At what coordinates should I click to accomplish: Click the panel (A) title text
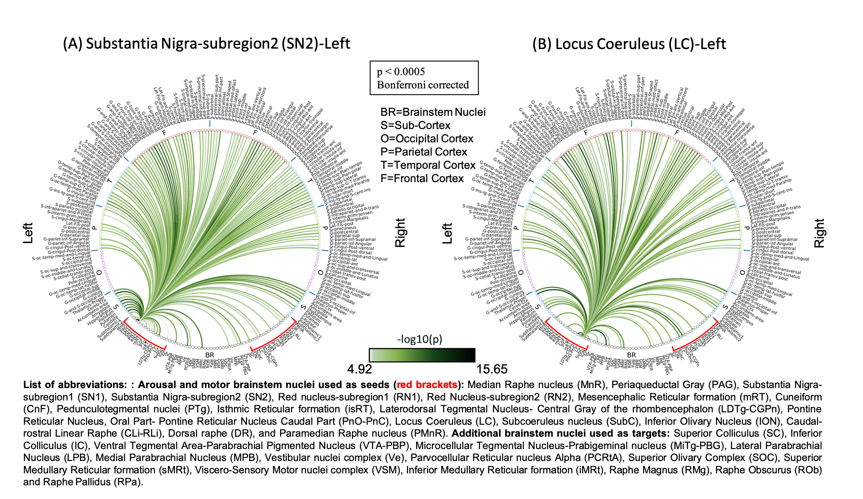pyautogui.click(x=206, y=43)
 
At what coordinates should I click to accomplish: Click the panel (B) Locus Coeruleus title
pyautogui.click(x=629, y=44)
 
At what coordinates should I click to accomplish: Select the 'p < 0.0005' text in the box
pyautogui.click(x=401, y=72)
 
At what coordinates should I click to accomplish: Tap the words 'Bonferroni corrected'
pyautogui.click(x=423, y=85)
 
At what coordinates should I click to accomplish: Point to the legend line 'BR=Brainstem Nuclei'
pyautogui.click(x=433, y=112)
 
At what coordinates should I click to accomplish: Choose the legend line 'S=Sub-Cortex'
pyautogui.click(x=415, y=126)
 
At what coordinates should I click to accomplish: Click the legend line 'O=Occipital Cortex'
pyautogui.click(x=427, y=139)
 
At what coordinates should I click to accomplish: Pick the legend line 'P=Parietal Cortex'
pyautogui.click(x=424, y=152)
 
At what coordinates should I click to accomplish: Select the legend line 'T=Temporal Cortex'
pyautogui.click(x=428, y=165)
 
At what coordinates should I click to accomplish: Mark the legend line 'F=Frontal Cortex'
pyautogui.click(x=422, y=179)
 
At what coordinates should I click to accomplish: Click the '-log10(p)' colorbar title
pyautogui.click(x=420, y=339)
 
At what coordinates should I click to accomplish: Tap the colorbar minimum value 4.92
pyautogui.click(x=360, y=369)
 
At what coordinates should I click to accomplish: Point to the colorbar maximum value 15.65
pyautogui.click(x=492, y=369)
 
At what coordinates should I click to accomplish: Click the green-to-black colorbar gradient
pyautogui.click(x=422, y=355)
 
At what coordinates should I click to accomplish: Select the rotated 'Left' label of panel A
pyautogui.click(x=28, y=233)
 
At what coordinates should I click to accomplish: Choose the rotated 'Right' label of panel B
pyautogui.click(x=819, y=233)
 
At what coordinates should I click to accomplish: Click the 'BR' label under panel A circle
pyautogui.click(x=209, y=355)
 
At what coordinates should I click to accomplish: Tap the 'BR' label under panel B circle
pyautogui.click(x=632, y=355)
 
